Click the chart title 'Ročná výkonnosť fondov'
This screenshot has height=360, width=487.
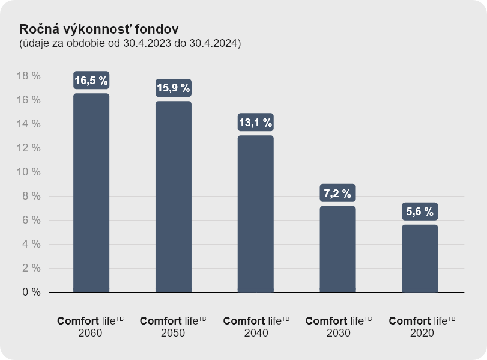coord(98,29)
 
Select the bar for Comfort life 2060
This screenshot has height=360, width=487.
coord(91,192)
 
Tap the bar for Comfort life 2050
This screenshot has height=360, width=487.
coord(174,197)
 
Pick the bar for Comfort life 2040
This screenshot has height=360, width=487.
coord(256,213)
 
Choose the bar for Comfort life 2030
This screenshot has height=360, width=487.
coord(337,249)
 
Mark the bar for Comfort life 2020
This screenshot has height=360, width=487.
coord(420,258)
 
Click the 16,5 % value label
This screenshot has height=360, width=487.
coord(91,81)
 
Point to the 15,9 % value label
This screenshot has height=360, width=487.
coord(174,88)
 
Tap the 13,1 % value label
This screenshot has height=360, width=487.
coord(256,123)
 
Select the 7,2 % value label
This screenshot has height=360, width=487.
coord(337,194)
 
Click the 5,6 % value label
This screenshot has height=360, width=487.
coord(420,212)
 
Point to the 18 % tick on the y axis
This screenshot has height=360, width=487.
coord(28,76)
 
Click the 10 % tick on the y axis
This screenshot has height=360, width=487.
coord(28,172)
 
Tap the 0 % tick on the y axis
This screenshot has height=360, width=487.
coord(31,292)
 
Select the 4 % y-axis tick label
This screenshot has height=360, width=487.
coord(31,244)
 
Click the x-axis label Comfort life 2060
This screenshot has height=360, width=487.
coord(91,326)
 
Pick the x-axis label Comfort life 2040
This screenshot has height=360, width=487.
coord(256,326)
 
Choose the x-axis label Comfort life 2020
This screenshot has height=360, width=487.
coord(422,326)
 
